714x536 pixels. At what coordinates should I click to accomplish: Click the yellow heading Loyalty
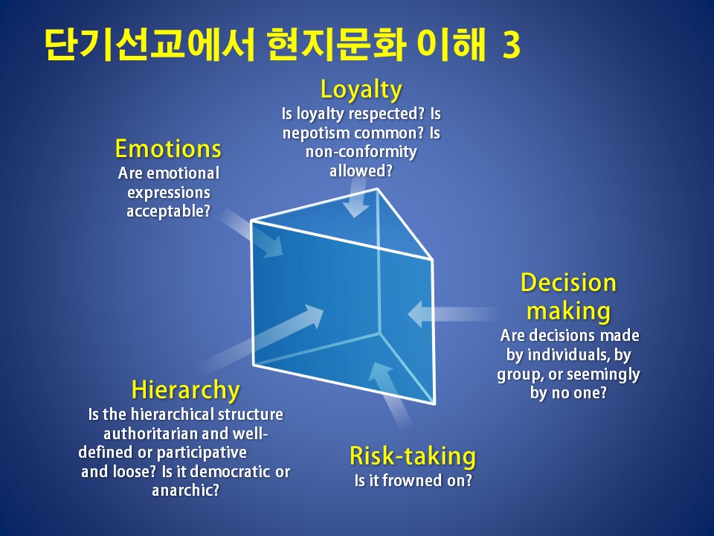point(361,89)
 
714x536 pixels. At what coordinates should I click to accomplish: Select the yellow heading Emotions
point(169,149)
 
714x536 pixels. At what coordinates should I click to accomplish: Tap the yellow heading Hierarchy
point(185,390)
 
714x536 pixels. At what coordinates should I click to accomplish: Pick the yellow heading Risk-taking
point(413,456)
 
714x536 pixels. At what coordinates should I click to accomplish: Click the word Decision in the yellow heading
point(568,283)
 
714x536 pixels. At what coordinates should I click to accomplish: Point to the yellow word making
point(568,312)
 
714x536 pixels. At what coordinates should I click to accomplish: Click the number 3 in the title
point(512,45)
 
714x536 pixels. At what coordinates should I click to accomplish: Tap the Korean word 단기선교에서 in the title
point(149,45)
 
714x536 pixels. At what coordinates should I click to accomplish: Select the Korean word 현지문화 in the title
point(336,45)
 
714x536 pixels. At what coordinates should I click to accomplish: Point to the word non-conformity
point(361,151)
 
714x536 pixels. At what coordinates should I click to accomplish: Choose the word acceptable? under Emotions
point(169,211)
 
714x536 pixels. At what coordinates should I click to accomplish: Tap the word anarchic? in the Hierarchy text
point(185,491)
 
